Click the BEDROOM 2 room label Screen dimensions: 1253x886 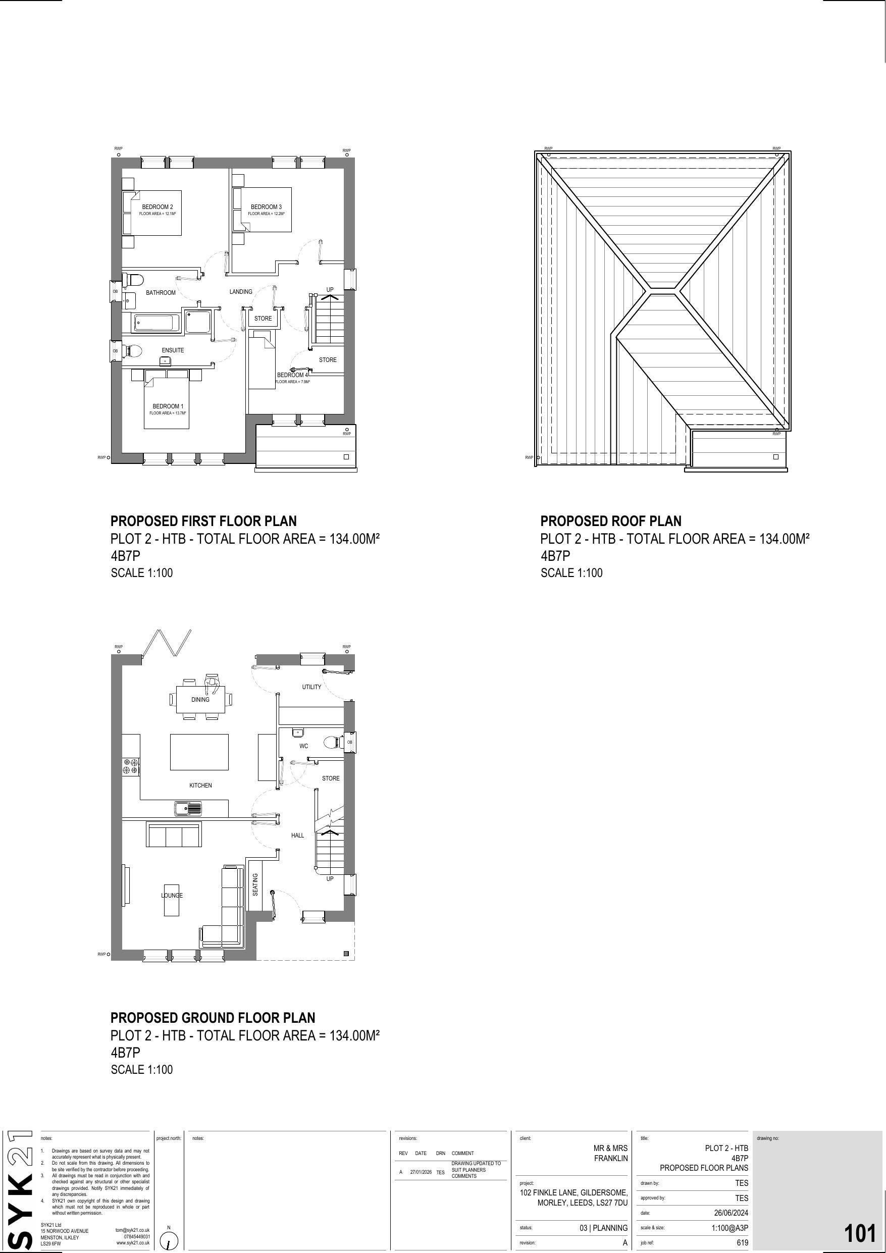pyautogui.click(x=157, y=207)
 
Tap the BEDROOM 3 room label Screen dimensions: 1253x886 pyautogui.click(x=266, y=207)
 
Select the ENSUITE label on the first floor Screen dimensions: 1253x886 pyautogui.click(x=173, y=350)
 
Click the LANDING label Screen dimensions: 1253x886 pyautogui.click(x=241, y=292)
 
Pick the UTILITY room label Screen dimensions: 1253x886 pyautogui.click(x=311, y=687)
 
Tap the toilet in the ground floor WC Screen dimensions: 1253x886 pyautogui.click(x=330, y=742)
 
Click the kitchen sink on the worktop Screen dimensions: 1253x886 pyautogui.click(x=187, y=808)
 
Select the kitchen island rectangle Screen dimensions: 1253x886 pyautogui.click(x=199, y=752)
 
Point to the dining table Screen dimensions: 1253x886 pyautogui.click(x=200, y=700)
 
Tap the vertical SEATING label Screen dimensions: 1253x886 pyautogui.click(x=255, y=884)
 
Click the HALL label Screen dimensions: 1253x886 pyautogui.click(x=297, y=836)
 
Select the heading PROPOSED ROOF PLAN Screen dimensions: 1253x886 pyautogui.click(x=611, y=521)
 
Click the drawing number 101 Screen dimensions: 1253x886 pyautogui.click(x=859, y=1234)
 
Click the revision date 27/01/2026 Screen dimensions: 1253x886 pyautogui.click(x=421, y=1172)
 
